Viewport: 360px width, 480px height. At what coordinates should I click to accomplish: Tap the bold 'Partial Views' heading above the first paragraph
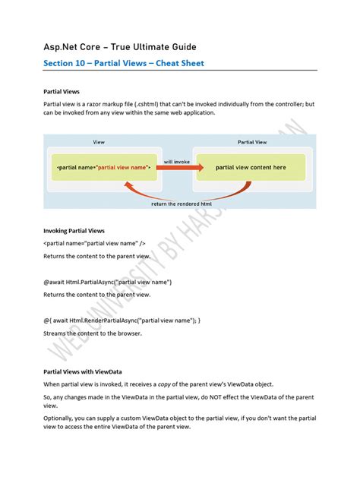62,91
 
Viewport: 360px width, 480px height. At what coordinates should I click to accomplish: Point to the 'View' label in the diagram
99,142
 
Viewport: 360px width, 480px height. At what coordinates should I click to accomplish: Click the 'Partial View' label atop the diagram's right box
251,142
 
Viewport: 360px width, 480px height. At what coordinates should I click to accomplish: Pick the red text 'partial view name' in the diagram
124,167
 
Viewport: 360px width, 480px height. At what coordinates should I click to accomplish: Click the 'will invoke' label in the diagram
177,160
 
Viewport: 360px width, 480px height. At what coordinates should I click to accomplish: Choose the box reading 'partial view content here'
251,167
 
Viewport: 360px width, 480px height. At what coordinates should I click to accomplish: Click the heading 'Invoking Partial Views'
74,230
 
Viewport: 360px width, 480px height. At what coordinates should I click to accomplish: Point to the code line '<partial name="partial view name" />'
94,243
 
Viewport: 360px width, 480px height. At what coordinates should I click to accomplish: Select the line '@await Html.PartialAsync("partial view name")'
107,282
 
